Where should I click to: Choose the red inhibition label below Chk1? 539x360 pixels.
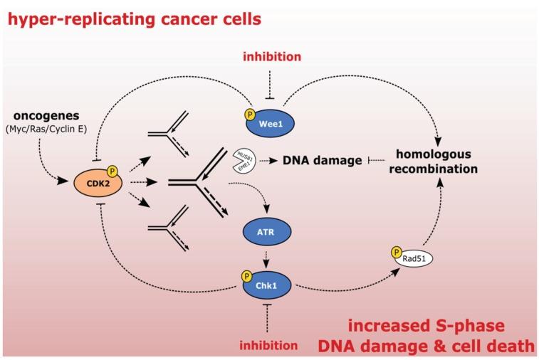(x=268, y=346)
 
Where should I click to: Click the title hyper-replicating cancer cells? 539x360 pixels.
(x=135, y=19)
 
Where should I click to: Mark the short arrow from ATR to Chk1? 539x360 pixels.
(x=268, y=255)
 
